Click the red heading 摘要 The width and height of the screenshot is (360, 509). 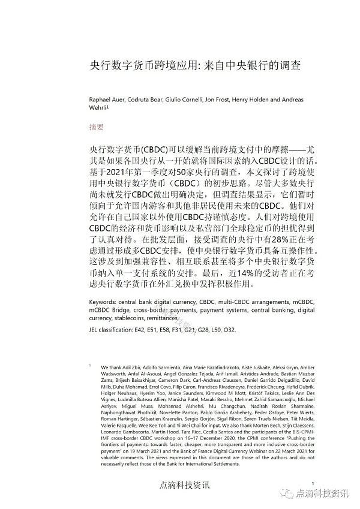click(96, 127)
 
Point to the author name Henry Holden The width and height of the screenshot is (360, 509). click(259, 100)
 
